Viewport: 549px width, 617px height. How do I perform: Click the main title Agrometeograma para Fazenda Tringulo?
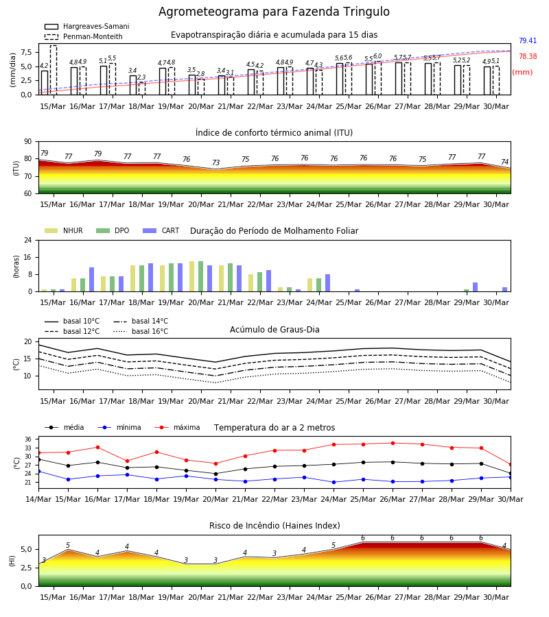coord(274,12)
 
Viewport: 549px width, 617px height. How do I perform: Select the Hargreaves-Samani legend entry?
coord(87,26)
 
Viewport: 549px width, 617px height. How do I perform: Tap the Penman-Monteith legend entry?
coord(84,36)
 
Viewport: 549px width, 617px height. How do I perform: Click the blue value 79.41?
coord(528,40)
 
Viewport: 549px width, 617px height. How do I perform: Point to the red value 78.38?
coord(528,56)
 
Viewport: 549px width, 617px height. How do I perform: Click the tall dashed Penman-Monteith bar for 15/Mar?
coord(54,70)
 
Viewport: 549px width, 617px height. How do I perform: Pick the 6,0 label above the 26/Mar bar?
coord(377,56)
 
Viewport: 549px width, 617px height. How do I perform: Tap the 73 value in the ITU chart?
coord(215,162)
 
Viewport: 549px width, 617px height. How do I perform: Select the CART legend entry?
coord(161,230)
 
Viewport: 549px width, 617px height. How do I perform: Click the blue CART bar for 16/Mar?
coord(92,280)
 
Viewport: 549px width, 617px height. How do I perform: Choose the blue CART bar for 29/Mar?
coord(476,287)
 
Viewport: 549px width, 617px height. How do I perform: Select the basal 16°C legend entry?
coord(141,331)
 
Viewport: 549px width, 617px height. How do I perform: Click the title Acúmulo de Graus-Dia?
coord(274,329)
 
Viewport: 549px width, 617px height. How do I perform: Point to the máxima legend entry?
coord(177,427)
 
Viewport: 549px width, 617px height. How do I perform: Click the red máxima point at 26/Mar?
coord(393,443)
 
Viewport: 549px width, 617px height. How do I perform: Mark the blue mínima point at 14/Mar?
coord(38,471)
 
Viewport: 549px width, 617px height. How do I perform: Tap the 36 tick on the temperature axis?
coord(28,439)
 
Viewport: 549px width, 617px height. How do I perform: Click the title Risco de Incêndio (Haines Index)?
coord(274,525)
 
